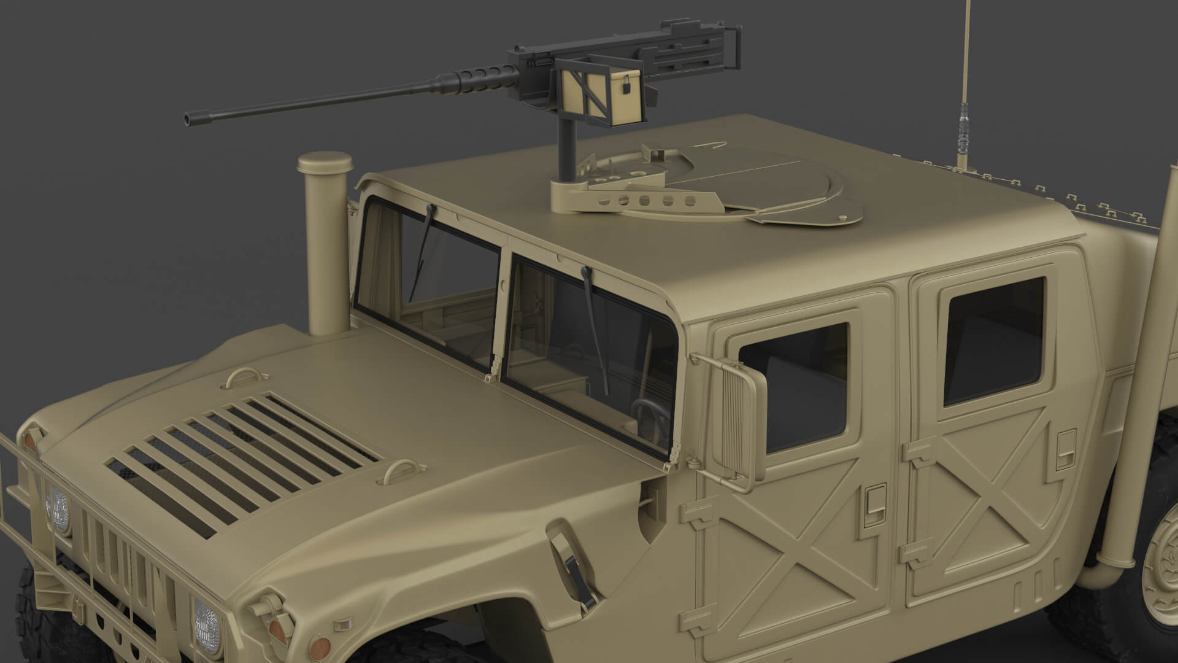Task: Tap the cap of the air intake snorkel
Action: click(325, 163)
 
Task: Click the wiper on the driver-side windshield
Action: click(595, 331)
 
